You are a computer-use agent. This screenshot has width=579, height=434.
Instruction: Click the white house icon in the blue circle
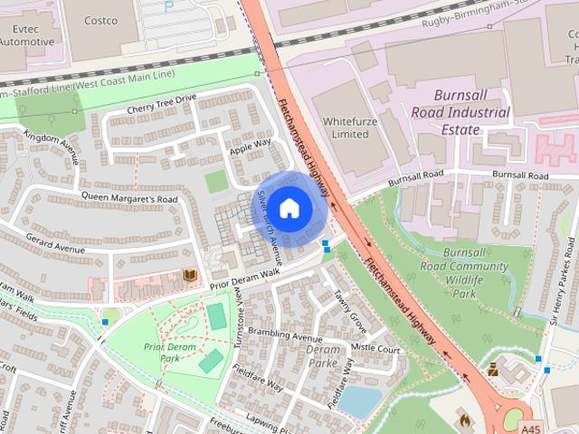point(289,208)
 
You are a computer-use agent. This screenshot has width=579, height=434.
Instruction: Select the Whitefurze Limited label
point(346,127)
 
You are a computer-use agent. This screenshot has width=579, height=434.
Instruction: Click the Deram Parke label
point(323,356)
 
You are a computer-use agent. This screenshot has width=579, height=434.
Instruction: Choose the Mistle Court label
point(375,348)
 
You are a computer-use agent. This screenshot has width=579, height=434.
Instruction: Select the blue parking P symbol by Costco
point(168,6)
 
